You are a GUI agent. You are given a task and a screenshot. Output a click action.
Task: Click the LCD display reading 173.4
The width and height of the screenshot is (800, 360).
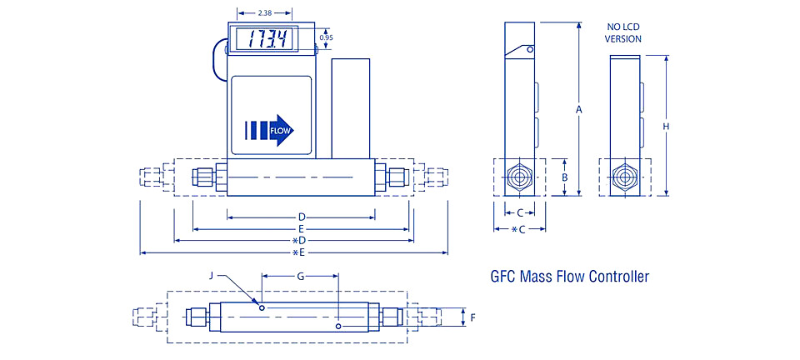pyautogui.click(x=264, y=39)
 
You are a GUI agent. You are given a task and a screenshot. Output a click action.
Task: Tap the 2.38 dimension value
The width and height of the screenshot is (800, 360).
pyautogui.click(x=264, y=12)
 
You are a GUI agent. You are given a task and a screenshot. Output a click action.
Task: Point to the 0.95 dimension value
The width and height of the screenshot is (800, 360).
pyautogui.click(x=326, y=37)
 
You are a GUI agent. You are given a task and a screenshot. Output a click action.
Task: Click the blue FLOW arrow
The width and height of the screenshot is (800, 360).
pyautogui.click(x=269, y=130)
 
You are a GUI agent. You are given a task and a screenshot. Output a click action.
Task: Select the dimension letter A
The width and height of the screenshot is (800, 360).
pyautogui.click(x=578, y=109)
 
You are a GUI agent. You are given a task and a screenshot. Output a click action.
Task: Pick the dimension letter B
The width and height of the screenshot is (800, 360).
pyautogui.click(x=565, y=177)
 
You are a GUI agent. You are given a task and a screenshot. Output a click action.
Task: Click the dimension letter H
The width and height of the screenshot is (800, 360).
pyautogui.click(x=666, y=126)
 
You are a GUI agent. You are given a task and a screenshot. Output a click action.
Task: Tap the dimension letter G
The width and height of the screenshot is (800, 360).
pyautogui.click(x=301, y=277)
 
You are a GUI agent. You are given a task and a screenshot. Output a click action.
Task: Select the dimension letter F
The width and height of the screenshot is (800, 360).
pyautogui.click(x=473, y=317)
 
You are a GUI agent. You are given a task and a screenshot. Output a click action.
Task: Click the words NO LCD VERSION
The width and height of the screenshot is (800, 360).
pyautogui.click(x=623, y=32)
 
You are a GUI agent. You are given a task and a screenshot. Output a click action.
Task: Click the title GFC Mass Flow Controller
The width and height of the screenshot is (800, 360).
pyautogui.click(x=569, y=277)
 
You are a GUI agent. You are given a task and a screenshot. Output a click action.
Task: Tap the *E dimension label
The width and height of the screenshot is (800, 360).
pyautogui.click(x=298, y=252)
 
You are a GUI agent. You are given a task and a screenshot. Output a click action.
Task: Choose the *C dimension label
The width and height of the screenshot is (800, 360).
pyautogui.click(x=519, y=229)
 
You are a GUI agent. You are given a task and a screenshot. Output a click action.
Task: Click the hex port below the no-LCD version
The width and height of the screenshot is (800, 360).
pyautogui.click(x=623, y=177)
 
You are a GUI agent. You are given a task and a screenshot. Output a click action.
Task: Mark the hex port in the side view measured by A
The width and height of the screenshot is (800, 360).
pyautogui.click(x=519, y=177)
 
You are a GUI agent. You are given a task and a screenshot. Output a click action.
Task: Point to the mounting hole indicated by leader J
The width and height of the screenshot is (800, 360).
pyautogui.click(x=262, y=307)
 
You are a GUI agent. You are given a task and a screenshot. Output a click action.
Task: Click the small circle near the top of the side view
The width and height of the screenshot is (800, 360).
pyautogui.click(x=531, y=49)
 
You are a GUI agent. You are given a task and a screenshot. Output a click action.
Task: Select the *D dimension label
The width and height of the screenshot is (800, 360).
pyautogui.click(x=298, y=240)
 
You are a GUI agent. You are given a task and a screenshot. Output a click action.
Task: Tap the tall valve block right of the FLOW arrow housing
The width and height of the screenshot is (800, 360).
pyautogui.click(x=351, y=108)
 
